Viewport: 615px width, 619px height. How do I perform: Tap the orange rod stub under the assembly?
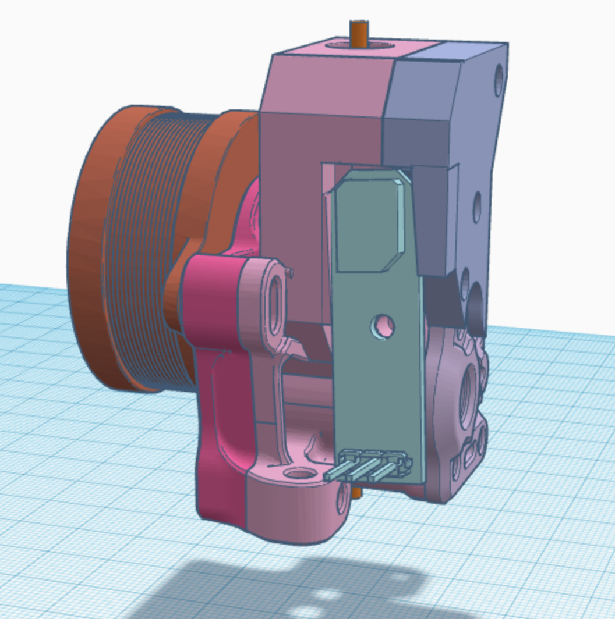pos(357,493)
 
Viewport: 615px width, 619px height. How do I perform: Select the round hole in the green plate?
pos(382,325)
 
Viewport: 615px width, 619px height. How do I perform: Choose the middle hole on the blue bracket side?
pos(477,204)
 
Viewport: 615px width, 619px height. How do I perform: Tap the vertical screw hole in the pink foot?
pos(299,474)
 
